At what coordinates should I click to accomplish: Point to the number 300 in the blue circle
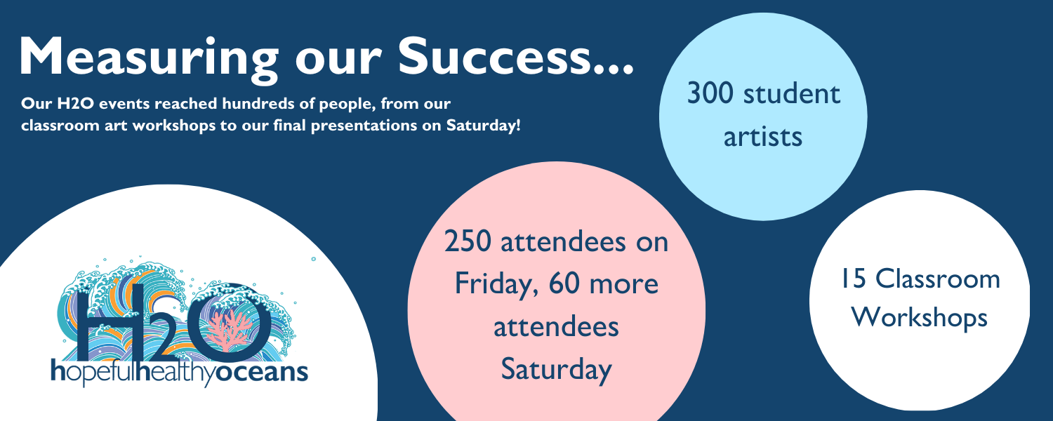tap(710, 93)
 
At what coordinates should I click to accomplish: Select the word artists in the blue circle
tap(762, 137)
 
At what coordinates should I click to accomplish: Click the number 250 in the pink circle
tap(468, 241)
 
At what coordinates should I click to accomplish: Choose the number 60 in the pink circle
tap(564, 284)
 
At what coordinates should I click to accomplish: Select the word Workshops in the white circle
tap(920, 318)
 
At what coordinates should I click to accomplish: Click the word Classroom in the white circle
tap(937, 279)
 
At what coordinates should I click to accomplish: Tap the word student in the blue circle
tap(792, 94)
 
